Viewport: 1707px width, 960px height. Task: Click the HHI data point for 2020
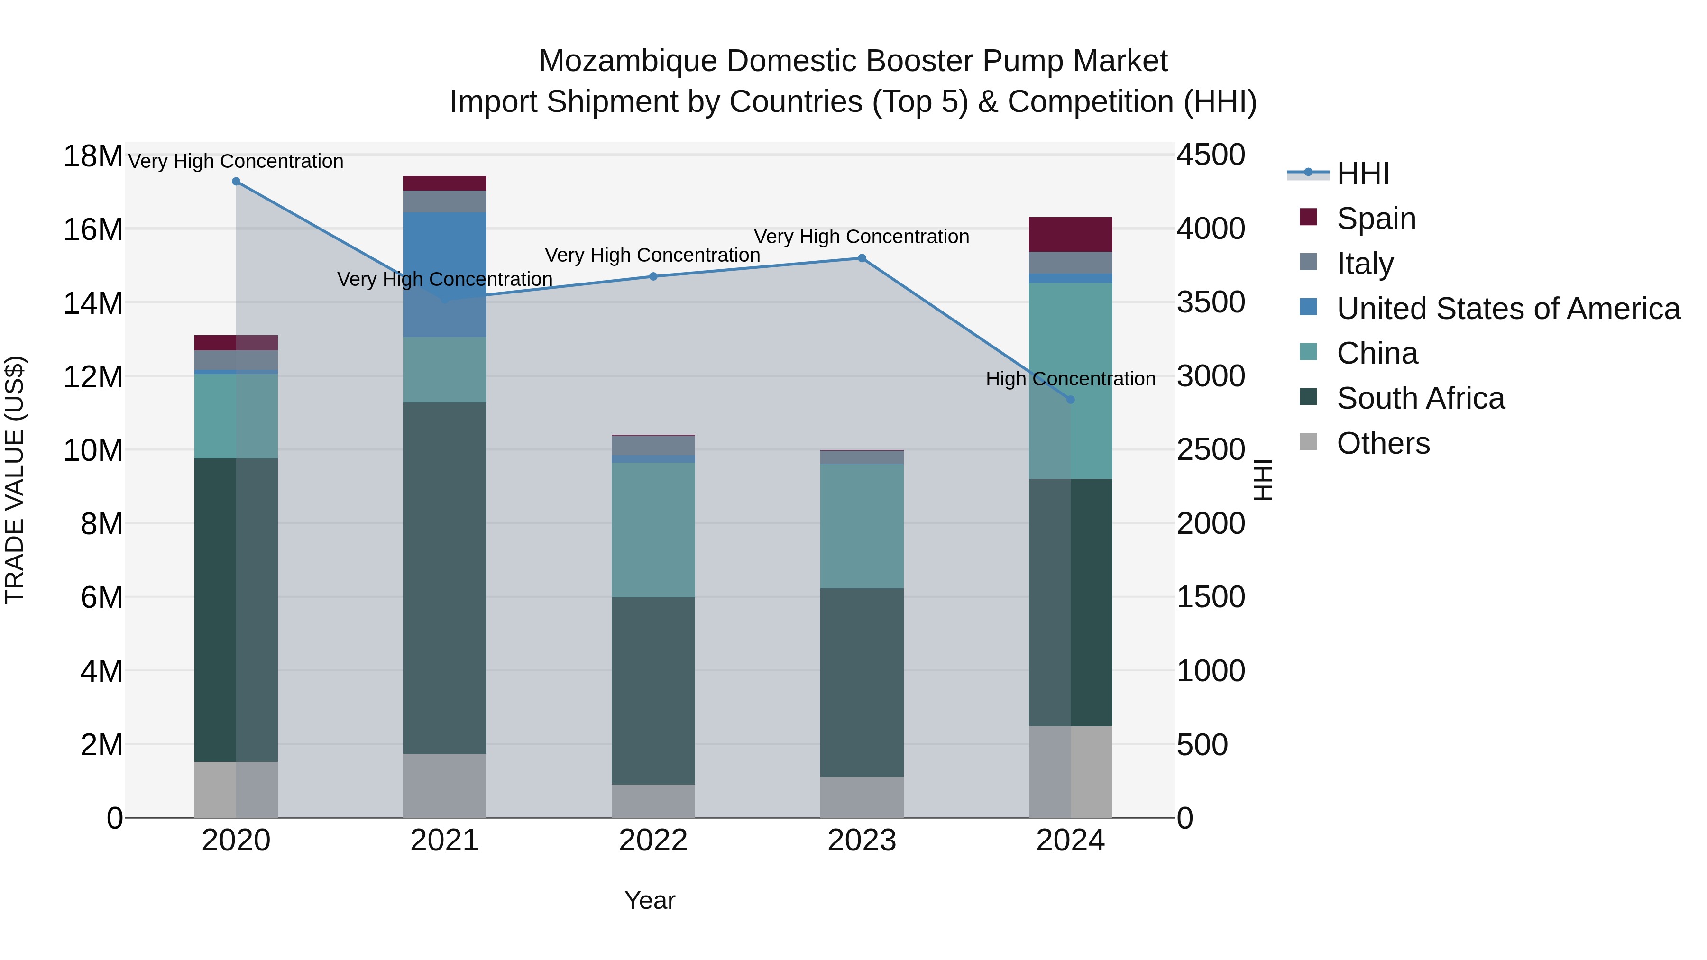click(x=236, y=182)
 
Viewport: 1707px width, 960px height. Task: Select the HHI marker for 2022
click(x=653, y=276)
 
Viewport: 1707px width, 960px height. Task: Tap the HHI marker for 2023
click(x=862, y=258)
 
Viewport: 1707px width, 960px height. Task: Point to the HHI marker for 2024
click(x=1070, y=400)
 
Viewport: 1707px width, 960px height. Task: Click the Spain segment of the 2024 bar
click(x=1070, y=235)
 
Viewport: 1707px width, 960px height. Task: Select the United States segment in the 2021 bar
click(x=445, y=274)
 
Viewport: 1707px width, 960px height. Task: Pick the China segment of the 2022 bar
click(x=653, y=530)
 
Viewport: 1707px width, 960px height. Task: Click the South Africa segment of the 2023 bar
click(x=862, y=682)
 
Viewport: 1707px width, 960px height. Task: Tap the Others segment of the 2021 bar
click(x=445, y=785)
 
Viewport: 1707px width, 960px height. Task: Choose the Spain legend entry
click(x=1376, y=219)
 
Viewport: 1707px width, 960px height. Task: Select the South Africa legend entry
click(x=1420, y=399)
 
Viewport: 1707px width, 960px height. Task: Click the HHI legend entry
click(x=1362, y=174)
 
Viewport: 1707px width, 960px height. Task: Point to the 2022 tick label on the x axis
click(x=653, y=841)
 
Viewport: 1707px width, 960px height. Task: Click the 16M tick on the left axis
click(x=93, y=230)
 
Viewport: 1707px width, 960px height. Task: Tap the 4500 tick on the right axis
click(x=1211, y=155)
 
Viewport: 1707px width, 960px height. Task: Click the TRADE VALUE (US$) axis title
click(x=15, y=480)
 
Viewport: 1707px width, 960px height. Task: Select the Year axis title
click(x=650, y=900)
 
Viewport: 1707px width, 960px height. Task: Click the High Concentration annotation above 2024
click(x=1070, y=379)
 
